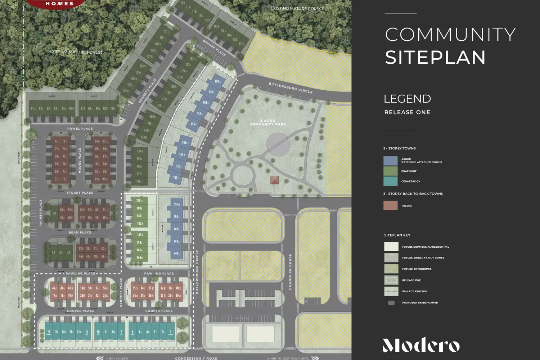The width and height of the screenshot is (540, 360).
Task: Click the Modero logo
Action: (421, 345)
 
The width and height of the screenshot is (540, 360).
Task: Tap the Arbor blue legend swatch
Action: (390, 161)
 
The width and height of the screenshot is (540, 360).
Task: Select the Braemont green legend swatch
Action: (390, 171)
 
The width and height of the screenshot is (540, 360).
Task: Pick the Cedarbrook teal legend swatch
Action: (390, 181)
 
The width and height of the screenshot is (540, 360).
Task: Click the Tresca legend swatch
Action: (390, 206)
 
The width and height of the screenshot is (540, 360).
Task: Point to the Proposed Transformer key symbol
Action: (391, 303)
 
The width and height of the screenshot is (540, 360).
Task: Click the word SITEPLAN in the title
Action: (435, 58)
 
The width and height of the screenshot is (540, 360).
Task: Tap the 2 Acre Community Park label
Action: (267, 122)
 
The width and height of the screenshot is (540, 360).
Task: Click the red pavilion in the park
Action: (274, 180)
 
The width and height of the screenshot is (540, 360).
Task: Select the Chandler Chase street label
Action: (290, 271)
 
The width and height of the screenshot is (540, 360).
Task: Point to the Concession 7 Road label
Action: (196, 358)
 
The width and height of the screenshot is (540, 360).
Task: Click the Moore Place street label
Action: (80, 161)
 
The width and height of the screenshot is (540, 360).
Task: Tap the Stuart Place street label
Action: (80, 193)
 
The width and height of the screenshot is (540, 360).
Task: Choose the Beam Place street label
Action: (80, 233)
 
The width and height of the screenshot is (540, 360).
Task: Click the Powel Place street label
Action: (80, 129)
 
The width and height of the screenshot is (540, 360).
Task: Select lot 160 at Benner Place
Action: (217, 81)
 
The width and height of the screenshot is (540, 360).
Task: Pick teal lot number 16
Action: (49, 332)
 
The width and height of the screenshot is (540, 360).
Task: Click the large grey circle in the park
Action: (278, 144)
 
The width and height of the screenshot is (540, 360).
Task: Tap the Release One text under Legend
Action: (407, 112)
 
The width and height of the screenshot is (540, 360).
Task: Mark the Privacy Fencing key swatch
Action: (391, 291)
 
